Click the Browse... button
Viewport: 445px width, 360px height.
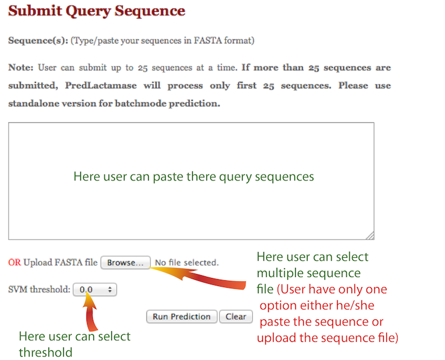(126, 262)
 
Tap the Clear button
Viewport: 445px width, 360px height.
(236, 316)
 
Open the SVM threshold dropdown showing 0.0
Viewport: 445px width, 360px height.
(95, 290)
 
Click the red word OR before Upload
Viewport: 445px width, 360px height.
(15, 262)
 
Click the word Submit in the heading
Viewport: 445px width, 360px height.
(35, 11)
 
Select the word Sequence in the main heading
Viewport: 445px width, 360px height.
(150, 11)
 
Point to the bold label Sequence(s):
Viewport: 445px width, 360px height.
(38, 41)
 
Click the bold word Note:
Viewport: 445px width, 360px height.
(21, 67)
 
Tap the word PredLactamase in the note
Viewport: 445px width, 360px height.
(101, 85)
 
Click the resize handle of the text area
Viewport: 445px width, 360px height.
(370, 236)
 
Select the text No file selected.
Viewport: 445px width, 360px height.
(187, 262)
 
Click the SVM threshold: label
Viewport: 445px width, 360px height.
(39, 289)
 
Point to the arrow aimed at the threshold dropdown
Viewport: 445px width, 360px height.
(90, 311)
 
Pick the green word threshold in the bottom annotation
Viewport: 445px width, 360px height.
(46, 352)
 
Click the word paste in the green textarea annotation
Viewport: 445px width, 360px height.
(168, 177)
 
